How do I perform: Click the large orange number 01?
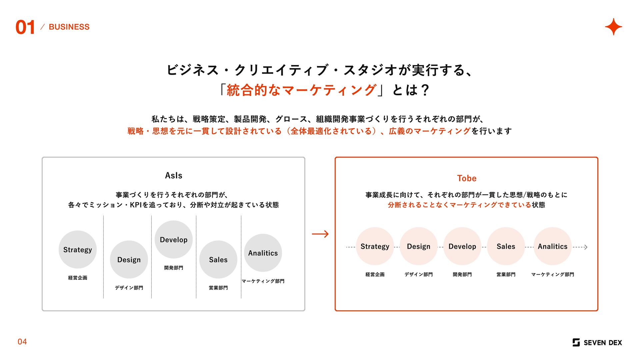[x=25, y=27]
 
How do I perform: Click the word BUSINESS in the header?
[x=69, y=27]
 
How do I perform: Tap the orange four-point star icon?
[x=613, y=27]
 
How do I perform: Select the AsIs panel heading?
[x=174, y=176]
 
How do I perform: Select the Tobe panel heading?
[x=467, y=178]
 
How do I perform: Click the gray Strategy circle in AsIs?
[x=78, y=250]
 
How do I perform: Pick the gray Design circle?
[x=129, y=260]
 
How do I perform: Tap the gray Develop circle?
[x=174, y=240]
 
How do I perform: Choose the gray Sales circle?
[x=218, y=260]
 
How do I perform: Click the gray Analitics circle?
[x=263, y=253]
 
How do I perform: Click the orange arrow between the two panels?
[x=320, y=234]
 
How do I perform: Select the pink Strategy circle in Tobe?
[x=375, y=246]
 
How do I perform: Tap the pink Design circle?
[x=419, y=246]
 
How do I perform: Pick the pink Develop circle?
[x=462, y=246]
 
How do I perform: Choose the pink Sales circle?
[x=506, y=246]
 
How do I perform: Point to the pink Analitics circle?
[x=553, y=246]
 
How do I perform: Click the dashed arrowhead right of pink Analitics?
[x=586, y=247]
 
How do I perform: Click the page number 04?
[x=22, y=342]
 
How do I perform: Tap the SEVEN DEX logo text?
[x=603, y=343]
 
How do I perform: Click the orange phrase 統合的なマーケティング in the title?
[x=301, y=90]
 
